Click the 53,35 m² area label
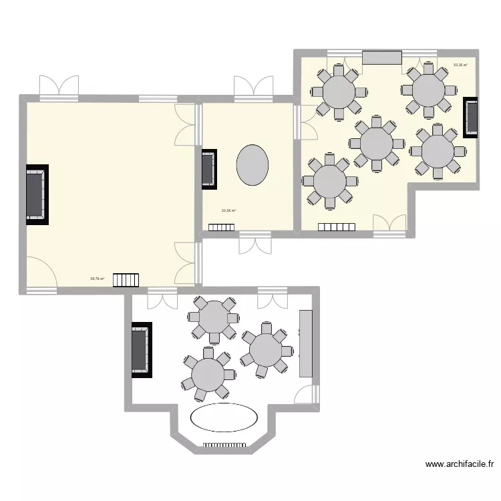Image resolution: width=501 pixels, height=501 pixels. tap(460, 65)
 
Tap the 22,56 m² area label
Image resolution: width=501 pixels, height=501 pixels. tap(229, 211)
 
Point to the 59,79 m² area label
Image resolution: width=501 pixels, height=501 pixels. tap(98, 279)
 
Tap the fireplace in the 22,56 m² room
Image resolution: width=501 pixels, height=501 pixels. tap(208, 167)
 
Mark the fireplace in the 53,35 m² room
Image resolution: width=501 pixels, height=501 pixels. tap(471, 117)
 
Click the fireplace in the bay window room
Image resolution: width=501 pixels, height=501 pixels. tap(141, 350)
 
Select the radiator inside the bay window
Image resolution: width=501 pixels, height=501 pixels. tap(224, 444)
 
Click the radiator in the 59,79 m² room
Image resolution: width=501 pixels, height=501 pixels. tap(126, 279)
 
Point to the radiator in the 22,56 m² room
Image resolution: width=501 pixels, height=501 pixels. tap(221, 227)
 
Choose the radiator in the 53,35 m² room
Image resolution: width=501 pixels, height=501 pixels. tap(336, 227)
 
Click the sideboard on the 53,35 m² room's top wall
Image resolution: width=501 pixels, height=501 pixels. tap(382, 57)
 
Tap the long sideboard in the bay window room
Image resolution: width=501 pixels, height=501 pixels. tap(306, 343)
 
